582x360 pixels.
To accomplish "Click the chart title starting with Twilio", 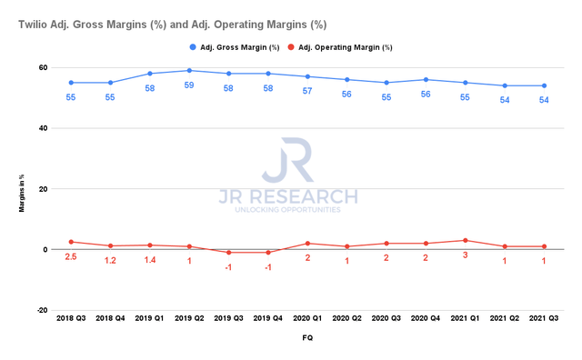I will (173, 25).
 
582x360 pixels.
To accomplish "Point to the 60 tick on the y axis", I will (42, 67).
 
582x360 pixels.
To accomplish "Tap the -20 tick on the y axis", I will (41, 310).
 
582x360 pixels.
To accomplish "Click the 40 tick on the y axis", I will (42, 128).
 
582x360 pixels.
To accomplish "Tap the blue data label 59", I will (189, 85).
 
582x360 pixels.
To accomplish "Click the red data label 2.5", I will (69, 257).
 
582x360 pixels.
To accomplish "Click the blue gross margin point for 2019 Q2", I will (189, 70).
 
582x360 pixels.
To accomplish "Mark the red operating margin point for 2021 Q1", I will (467, 240).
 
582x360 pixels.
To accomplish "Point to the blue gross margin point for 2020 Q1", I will (308, 76).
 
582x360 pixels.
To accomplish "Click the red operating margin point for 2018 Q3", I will (69, 242).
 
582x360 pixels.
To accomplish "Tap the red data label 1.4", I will (149, 260).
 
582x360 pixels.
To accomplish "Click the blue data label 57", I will (308, 91).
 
